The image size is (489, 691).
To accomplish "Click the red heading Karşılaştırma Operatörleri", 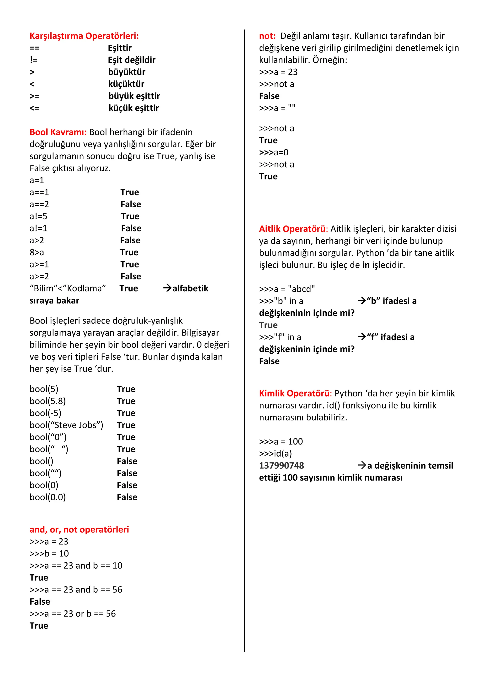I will click(84, 36).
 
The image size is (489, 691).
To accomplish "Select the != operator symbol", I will click(34, 60).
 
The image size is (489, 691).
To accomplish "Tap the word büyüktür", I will click(127, 72).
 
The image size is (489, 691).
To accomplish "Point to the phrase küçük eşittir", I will click(134, 108).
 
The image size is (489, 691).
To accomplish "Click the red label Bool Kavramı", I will click(58, 132).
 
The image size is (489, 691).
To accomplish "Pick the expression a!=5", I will click(38, 216).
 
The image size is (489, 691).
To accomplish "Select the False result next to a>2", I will click(130, 241).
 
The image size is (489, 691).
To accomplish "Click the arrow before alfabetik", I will click(167, 288).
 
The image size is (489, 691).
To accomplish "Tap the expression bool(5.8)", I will click(48, 401).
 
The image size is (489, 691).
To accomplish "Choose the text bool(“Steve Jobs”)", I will click(66, 425).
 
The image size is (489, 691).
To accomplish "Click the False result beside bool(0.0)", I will click(127, 497).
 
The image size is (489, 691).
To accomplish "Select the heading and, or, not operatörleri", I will click(79, 530).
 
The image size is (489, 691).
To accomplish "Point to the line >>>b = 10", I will click(49, 554).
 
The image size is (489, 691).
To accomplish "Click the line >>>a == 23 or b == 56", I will click(73, 614).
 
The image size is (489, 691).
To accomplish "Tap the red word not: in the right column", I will click(267, 36).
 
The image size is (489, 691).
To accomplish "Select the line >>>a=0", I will click(274, 152).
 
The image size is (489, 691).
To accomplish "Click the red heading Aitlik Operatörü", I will click(292, 229).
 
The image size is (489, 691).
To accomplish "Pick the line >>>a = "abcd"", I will click(287, 289).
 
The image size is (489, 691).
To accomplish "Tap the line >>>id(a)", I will click(275, 454).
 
